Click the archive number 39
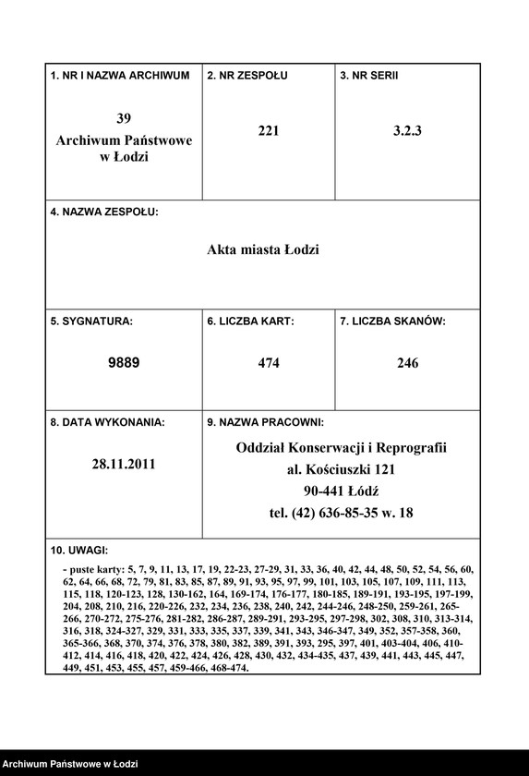[x=124, y=118]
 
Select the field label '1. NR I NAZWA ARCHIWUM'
[x=120, y=75]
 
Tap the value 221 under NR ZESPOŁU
[x=269, y=131]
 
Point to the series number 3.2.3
[x=406, y=131]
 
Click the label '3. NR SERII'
[x=369, y=75]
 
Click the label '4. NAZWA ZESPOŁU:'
[x=104, y=212]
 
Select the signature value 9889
[x=124, y=363]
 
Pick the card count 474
[x=269, y=363]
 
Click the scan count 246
[x=407, y=363]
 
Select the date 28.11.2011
[x=124, y=465]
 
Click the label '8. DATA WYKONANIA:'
[x=107, y=422]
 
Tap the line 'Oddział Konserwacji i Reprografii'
[x=341, y=447]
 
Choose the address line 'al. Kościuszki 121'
[x=341, y=469]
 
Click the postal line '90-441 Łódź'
[x=341, y=491]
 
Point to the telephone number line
[x=341, y=513]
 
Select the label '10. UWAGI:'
[x=79, y=551]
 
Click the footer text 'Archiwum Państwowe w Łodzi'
[x=70, y=764]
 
